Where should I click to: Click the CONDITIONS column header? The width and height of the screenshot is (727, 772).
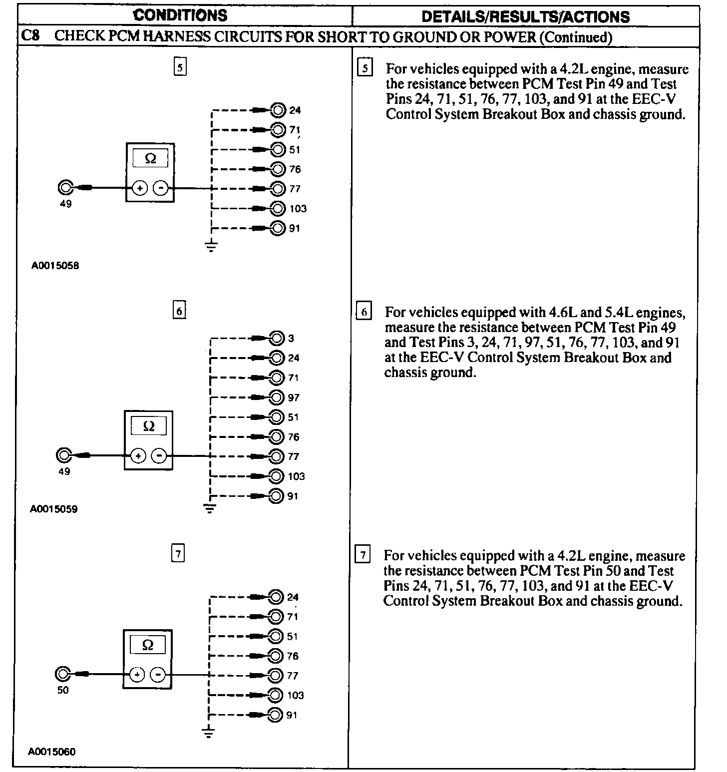[x=180, y=15]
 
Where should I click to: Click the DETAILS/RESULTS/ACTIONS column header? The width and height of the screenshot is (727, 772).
[x=525, y=16]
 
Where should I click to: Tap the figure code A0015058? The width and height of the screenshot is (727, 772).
[x=55, y=266]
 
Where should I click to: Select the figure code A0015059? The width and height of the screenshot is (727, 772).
[x=54, y=509]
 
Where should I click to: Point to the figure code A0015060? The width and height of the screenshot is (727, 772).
[x=52, y=751]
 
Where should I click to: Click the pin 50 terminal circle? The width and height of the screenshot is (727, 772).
[x=62, y=674]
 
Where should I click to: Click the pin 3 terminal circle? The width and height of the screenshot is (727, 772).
[x=277, y=338]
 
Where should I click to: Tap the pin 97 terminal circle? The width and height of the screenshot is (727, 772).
[x=277, y=397]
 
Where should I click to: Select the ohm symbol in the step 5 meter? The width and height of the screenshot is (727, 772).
[x=150, y=159]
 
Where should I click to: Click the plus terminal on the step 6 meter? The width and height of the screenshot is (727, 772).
[x=138, y=455]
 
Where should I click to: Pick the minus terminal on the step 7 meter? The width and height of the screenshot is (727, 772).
[x=158, y=675]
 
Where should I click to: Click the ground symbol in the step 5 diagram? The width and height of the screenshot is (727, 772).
[x=212, y=246]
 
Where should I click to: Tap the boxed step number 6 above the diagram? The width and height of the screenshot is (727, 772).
[x=179, y=311]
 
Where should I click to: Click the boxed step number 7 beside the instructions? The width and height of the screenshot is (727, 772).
[x=363, y=555]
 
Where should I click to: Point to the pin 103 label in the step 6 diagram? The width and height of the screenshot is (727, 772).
[x=296, y=476]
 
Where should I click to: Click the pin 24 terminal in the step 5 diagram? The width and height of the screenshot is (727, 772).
[x=278, y=110]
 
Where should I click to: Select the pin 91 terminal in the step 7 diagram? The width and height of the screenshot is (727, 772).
[x=275, y=715]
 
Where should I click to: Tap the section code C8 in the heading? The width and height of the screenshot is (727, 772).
[x=31, y=36]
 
